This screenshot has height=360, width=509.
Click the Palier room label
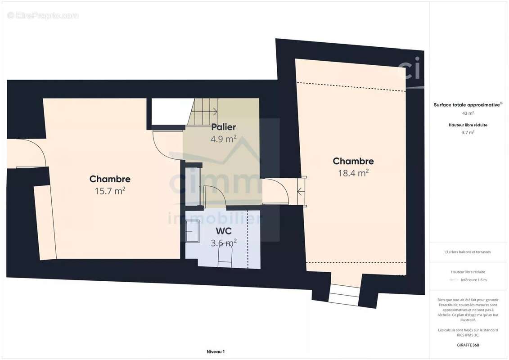click(223, 127)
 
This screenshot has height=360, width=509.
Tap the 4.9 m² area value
click(223, 139)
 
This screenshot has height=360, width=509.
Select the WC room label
click(224, 231)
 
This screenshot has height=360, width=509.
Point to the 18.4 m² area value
click(353, 173)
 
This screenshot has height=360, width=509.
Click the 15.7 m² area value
click(110, 190)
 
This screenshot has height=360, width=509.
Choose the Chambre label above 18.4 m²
click(353, 161)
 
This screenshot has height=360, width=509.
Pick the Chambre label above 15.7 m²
click(110, 179)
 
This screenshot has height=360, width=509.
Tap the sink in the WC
click(193, 231)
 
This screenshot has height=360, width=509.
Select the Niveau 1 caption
click(216, 351)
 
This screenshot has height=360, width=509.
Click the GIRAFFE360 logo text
click(468, 345)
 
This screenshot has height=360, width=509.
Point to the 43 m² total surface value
click(468, 113)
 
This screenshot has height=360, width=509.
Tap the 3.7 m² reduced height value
click(468, 132)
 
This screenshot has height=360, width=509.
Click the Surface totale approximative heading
click(468, 104)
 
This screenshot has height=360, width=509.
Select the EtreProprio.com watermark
click(43, 15)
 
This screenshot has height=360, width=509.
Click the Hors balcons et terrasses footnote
click(468, 252)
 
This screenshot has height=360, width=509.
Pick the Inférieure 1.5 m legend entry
click(473, 280)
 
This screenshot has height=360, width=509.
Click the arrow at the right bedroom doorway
click(301, 192)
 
